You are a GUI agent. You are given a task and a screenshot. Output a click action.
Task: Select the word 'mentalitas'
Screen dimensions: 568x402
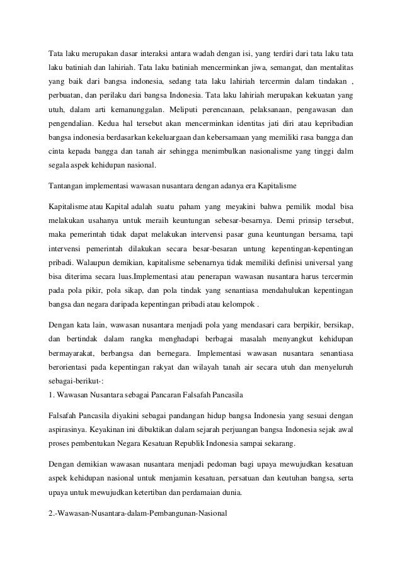click(332, 66)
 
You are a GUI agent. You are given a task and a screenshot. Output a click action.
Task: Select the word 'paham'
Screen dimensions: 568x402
click(193, 207)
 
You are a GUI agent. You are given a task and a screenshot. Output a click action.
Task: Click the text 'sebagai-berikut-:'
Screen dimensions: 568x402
click(75, 382)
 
